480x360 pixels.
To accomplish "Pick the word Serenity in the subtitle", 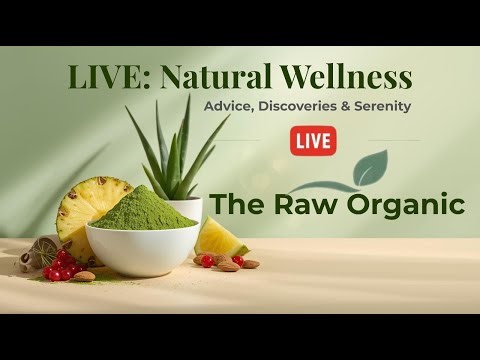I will (x=381, y=104).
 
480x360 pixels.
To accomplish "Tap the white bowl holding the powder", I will (x=140, y=250).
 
